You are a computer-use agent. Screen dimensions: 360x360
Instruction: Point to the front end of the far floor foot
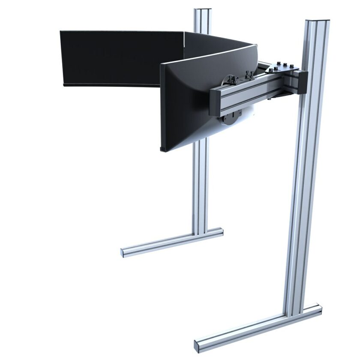coord(125,252)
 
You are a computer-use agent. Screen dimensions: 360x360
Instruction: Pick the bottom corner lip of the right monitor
coord(163,150)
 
